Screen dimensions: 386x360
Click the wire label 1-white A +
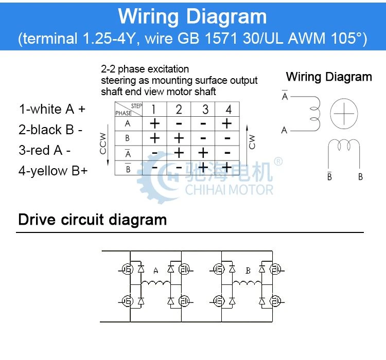(52, 109)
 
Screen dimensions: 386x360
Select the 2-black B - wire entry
(50, 130)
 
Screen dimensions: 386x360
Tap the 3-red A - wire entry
(45, 150)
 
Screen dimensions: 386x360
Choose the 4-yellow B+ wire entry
(53, 171)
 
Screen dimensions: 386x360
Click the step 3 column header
(205, 110)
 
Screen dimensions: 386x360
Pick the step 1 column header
(153, 110)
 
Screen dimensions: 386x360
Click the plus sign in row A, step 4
(227, 123)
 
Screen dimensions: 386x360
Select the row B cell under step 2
(179, 138)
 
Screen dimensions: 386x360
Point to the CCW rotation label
(102, 143)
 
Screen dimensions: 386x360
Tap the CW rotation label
(252, 142)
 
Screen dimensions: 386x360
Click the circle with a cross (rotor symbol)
(344, 114)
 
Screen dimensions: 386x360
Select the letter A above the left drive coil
(155, 271)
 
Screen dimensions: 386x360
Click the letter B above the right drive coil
(248, 271)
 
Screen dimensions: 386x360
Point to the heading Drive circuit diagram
(93, 220)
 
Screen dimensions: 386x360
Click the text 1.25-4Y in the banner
(109, 39)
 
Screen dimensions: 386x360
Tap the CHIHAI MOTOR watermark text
(229, 190)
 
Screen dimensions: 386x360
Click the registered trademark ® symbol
(278, 161)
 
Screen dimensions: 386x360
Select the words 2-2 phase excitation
(145, 69)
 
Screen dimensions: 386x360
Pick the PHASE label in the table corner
(124, 113)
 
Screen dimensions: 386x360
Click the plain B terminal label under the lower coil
(360, 177)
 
